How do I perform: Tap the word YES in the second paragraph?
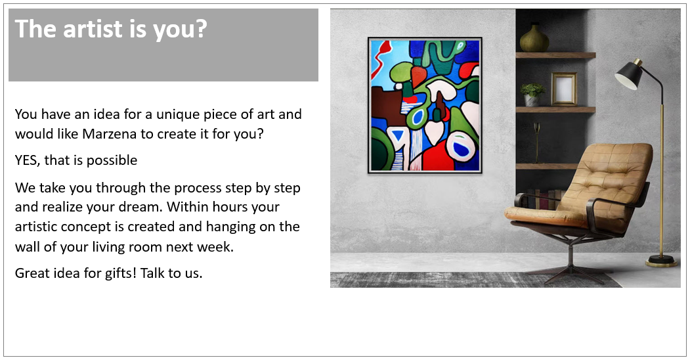coord(28,160)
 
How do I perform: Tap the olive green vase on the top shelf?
coord(534,38)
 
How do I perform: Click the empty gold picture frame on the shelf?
coord(564,89)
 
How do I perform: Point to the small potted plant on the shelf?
coord(532,94)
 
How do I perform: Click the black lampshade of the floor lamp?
coord(630,74)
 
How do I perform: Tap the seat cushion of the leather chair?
coord(545,215)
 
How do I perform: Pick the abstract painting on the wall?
coord(425,105)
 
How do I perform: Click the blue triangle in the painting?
coord(399,135)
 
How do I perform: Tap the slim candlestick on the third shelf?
coord(536,137)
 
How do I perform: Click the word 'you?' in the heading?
coord(180,30)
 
